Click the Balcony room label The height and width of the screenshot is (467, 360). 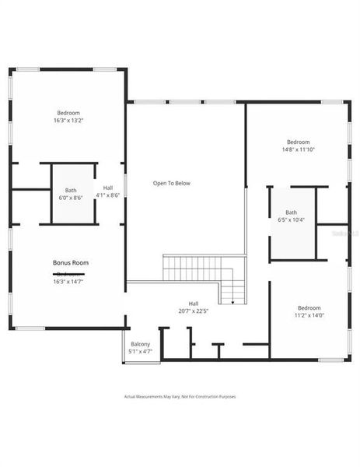(140, 344)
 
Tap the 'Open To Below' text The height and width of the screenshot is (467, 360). (171, 184)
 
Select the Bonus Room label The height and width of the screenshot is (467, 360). (71, 263)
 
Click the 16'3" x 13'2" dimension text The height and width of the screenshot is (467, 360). (68, 120)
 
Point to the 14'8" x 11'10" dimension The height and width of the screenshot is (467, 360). (299, 149)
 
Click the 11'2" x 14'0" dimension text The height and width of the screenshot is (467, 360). (308, 315)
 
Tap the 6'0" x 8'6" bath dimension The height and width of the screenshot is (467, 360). (71, 198)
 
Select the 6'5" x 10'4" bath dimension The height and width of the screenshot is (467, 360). (291, 220)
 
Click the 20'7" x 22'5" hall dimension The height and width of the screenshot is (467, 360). (194, 311)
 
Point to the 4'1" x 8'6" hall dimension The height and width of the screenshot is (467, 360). (108, 195)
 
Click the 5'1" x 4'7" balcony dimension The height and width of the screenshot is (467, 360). (140, 351)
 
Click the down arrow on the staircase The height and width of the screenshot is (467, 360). (232, 301)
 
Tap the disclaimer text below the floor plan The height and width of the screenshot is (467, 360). (180, 397)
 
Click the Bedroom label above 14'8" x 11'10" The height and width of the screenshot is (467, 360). (299, 142)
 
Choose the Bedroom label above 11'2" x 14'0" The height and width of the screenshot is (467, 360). (309, 307)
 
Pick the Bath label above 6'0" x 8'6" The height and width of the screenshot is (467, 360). (71, 191)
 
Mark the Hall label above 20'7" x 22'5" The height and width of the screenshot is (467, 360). (194, 304)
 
